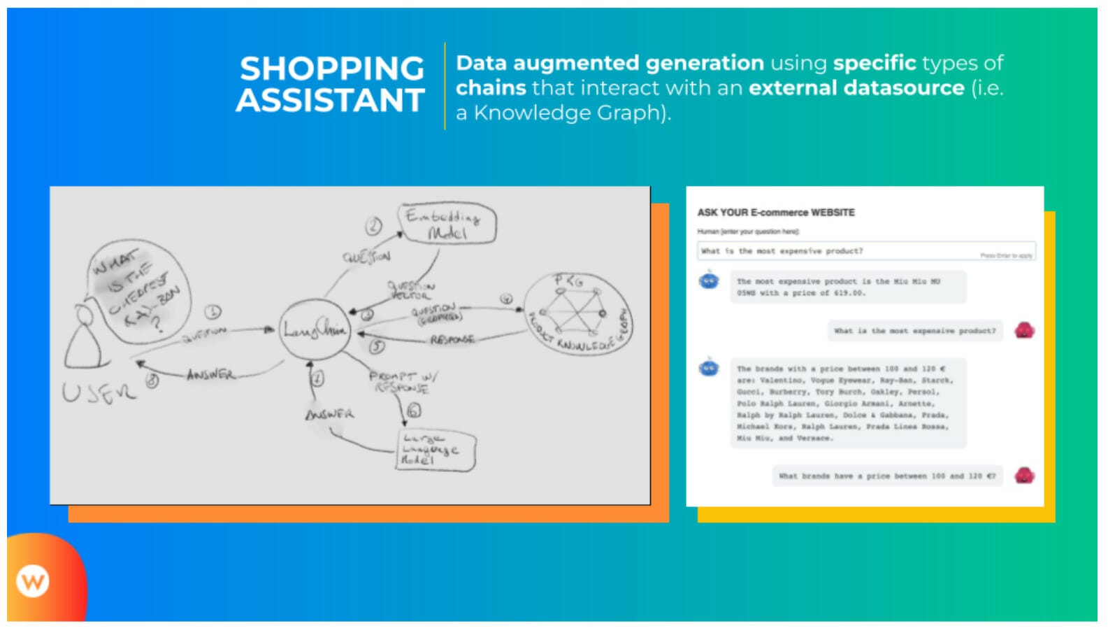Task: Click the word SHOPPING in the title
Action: point(331,69)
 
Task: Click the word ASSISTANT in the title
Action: point(330,101)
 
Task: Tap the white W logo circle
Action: point(33,581)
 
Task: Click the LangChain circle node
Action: point(315,329)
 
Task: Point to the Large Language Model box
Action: point(436,450)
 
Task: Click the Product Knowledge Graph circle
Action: point(577,314)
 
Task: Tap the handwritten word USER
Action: point(98,393)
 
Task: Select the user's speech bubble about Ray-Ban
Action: point(138,291)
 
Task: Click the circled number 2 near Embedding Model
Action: point(374,226)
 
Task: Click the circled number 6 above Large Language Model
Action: point(414,411)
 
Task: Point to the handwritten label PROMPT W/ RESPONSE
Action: point(402,381)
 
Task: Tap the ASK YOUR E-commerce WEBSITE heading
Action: point(775,212)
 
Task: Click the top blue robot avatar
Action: point(709,281)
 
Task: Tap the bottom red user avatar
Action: point(1024,476)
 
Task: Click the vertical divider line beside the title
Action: point(445,86)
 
